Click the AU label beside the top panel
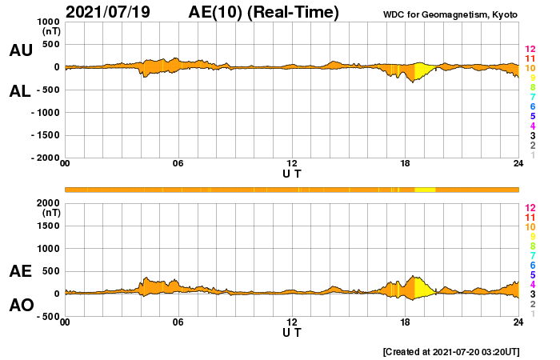pyautogui.click(x=20, y=50)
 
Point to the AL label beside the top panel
pyautogui.click(x=20, y=90)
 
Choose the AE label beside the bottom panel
pyautogui.click(x=20, y=271)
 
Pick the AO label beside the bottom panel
pyautogui.click(x=20, y=306)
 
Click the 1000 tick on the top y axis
pyautogui.click(x=47, y=22)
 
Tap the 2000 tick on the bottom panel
pyautogui.click(x=47, y=203)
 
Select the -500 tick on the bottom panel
pyautogui.click(x=47, y=316)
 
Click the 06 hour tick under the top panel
pyautogui.click(x=178, y=164)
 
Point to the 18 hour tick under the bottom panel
pyautogui.click(x=405, y=322)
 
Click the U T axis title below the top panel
pyautogui.click(x=292, y=174)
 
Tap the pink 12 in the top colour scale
pyautogui.click(x=529, y=50)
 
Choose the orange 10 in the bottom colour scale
pyautogui.click(x=529, y=226)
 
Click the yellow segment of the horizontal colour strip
pyautogui.click(x=425, y=189)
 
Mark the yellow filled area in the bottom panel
pyautogui.click(x=421, y=286)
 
